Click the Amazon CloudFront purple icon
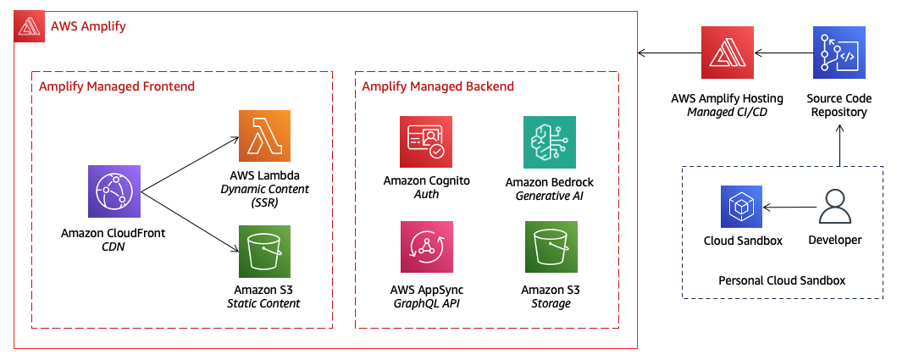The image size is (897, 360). [x=114, y=191]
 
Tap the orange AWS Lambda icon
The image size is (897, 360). [x=265, y=136]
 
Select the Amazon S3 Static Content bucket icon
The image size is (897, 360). [x=265, y=251]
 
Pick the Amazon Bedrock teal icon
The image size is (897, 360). [x=551, y=142]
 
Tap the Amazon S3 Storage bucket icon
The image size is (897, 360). [x=551, y=247]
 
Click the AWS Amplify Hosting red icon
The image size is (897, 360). [x=728, y=53]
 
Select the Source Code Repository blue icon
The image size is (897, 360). [x=839, y=53]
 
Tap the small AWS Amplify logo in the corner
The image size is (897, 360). [x=30, y=26]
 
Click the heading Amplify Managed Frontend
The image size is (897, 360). [x=117, y=86]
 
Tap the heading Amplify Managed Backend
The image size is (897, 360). [x=438, y=86]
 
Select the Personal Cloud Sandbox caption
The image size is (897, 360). [x=782, y=280]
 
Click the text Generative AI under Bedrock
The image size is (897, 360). [x=551, y=197]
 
